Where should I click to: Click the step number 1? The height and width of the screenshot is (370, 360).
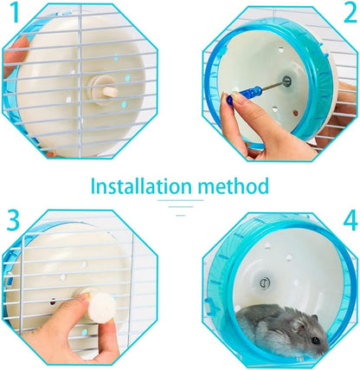(x=11, y=15)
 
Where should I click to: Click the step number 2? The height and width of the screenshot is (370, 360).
(x=348, y=15)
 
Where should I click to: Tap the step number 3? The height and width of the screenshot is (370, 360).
(x=13, y=220)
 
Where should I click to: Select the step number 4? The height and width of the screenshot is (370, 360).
(x=348, y=220)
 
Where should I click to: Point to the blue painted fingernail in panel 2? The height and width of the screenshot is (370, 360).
(x=230, y=99)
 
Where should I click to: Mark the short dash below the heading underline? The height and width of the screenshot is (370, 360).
(x=180, y=212)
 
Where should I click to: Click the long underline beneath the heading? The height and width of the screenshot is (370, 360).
(x=180, y=202)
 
